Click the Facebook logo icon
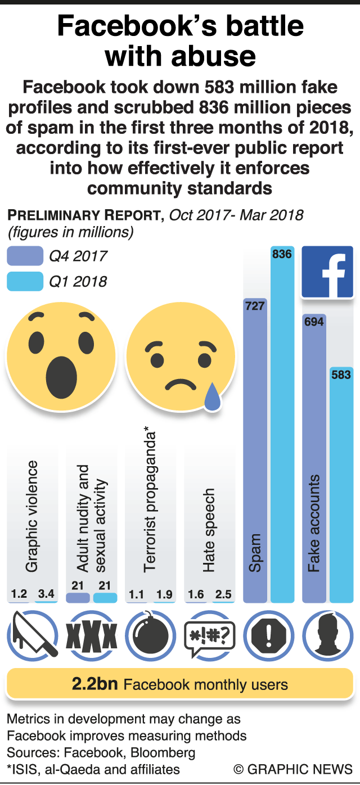(327, 272)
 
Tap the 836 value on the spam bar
(282, 254)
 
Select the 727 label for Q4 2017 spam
(255, 306)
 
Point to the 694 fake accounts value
(314, 322)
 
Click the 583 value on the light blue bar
(341, 375)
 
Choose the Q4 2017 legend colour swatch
(25, 256)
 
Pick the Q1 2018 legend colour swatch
(25, 281)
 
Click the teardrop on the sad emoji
(212, 397)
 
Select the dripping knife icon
(33, 635)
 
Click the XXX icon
(92, 636)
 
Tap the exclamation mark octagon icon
(269, 635)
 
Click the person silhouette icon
(328, 636)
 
